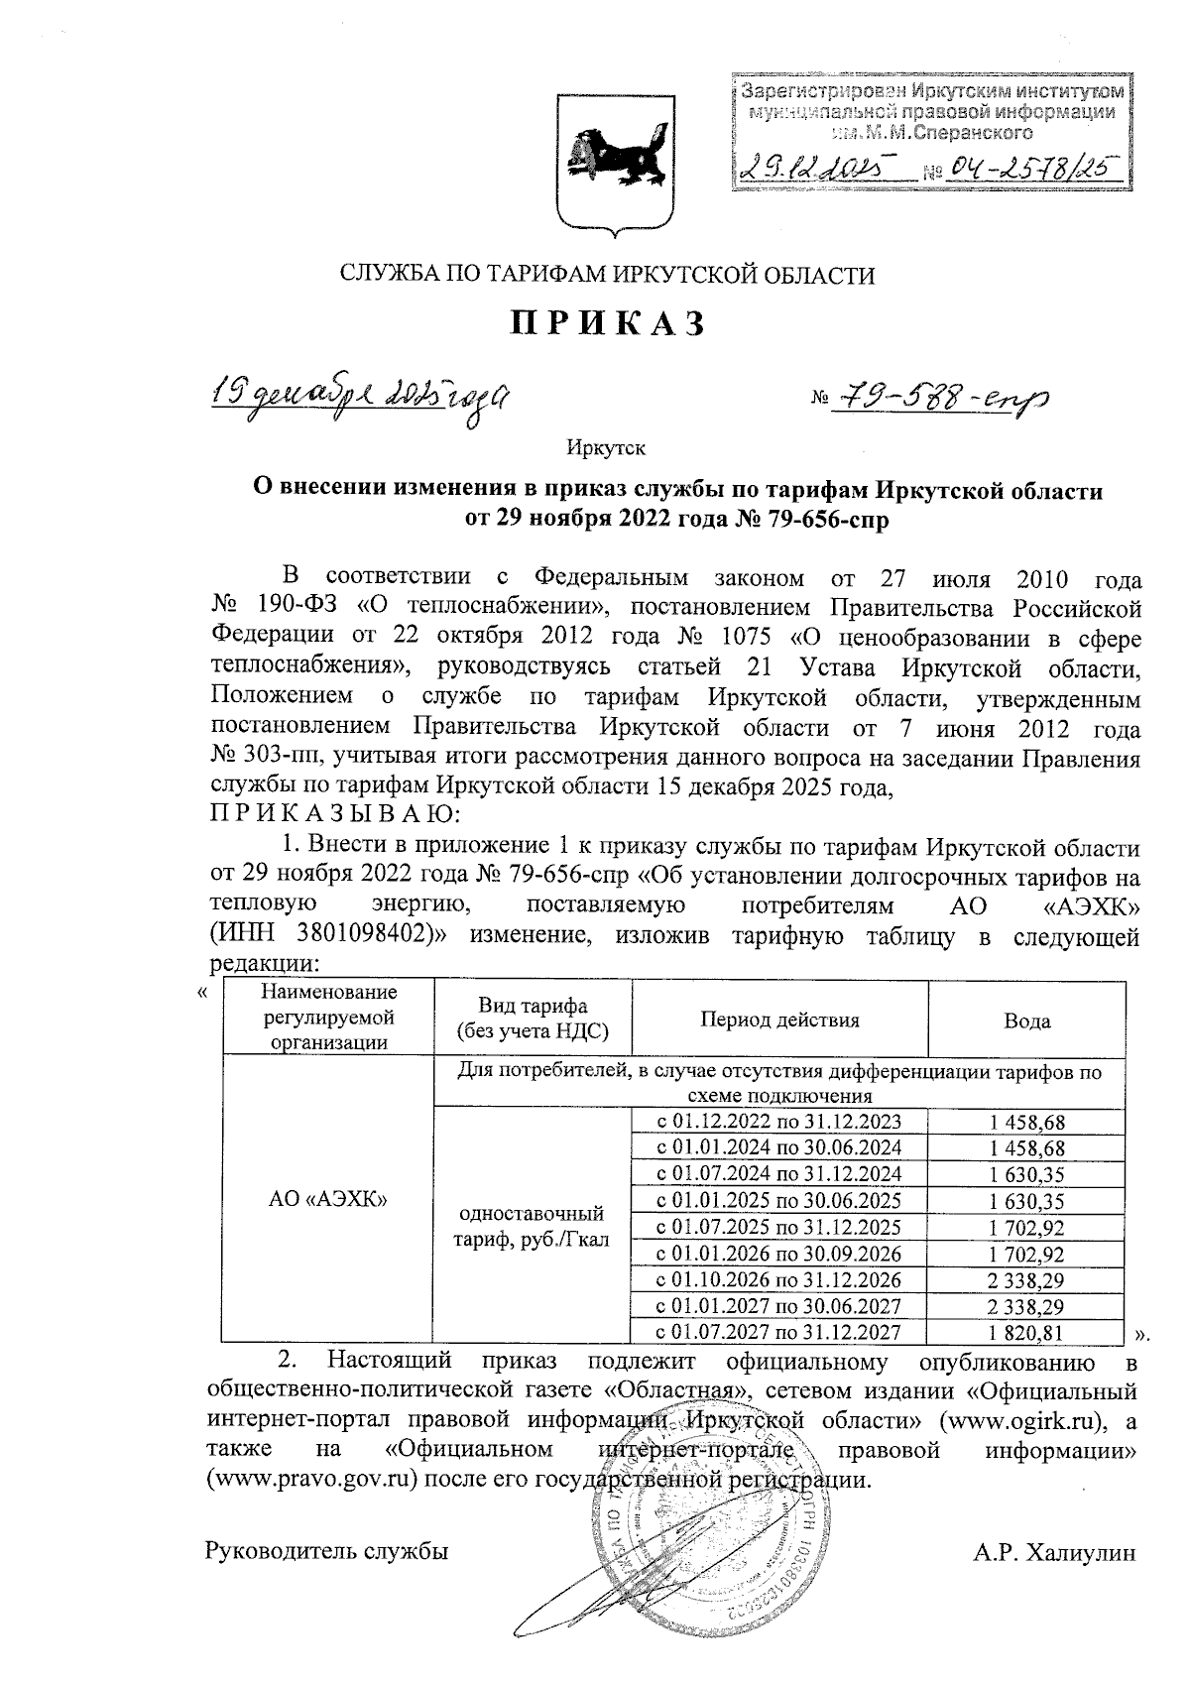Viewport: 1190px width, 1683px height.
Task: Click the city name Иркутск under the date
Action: pyautogui.click(x=606, y=448)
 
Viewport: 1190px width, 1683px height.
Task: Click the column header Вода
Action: pyautogui.click(x=1026, y=1021)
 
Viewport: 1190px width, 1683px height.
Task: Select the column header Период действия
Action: pyautogui.click(x=779, y=1020)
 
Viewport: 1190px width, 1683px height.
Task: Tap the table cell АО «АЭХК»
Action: pyautogui.click(x=327, y=1199)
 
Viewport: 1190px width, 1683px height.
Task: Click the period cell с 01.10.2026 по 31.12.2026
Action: pyautogui.click(x=779, y=1279)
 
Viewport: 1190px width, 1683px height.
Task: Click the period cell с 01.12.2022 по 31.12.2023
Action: pyautogui.click(x=779, y=1122)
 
